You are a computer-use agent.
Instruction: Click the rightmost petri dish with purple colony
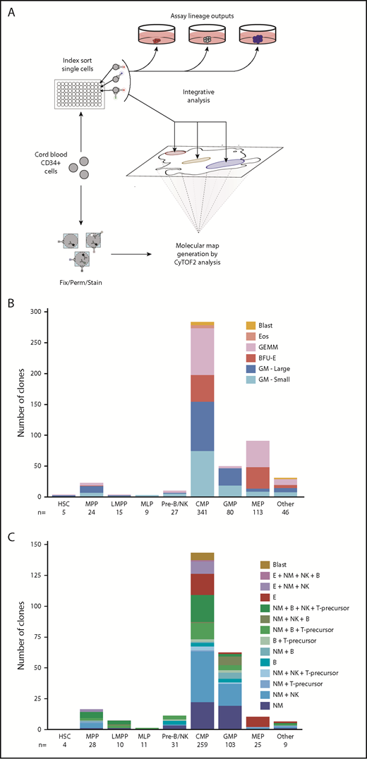(256, 41)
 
